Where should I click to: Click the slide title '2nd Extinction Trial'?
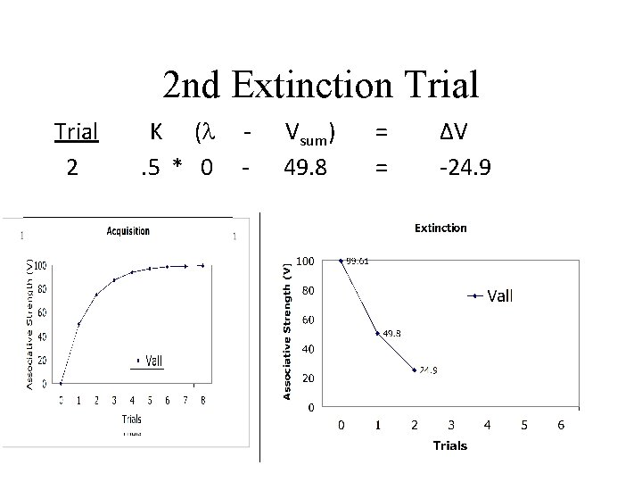click(321, 85)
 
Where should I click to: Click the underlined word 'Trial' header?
click(76, 132)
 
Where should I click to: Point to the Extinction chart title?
click(440, 228)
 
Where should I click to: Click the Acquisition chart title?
click(128, 231)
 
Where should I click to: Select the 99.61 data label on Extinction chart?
click(358, 262)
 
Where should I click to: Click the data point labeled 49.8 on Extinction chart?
click(377, 334)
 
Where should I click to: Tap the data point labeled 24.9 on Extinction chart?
click(415, 370)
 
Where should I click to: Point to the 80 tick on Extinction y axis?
click(307, 290)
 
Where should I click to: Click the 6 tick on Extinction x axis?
click(560, 425)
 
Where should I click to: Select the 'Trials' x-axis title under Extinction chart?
click(449, 445)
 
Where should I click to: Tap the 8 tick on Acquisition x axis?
click(202, 401)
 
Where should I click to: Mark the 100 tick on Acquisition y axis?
click(41, 265)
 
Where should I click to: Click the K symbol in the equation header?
click(155, 132)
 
